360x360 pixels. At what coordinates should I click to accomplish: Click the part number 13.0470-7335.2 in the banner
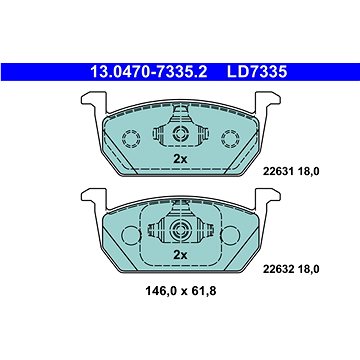pos(149,72)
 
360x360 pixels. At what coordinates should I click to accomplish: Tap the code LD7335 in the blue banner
pos(257,72)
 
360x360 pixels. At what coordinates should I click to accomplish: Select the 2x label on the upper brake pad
pos(180,159)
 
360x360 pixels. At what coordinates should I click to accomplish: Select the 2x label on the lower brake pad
pos(180,255)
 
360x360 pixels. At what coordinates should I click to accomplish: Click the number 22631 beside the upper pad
pos(278,172)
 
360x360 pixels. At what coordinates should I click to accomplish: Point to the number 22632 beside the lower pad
pos(278,269)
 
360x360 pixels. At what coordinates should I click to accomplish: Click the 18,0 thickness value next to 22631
pos(308,172)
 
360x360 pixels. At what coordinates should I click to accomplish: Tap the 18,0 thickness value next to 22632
pos(308,269)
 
